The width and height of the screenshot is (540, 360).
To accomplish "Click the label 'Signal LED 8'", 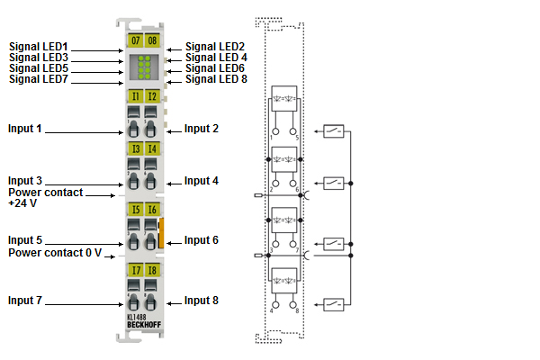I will [x=216, y=79].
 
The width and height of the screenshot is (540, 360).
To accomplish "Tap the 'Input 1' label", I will [x=25, y=129].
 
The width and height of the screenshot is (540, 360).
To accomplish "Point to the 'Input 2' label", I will [x=202, y=129].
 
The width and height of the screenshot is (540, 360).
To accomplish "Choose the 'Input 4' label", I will [x=202, y=181].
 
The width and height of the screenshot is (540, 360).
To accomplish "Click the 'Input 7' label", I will [x=25, y=301].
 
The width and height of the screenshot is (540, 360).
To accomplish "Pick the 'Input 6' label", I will [x=202, y=240].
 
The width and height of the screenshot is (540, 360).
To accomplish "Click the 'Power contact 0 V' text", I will [x=55, y=253].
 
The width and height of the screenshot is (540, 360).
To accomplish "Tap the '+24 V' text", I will [x=22, y=204].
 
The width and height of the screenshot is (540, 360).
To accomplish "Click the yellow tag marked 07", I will [x=135, y=40].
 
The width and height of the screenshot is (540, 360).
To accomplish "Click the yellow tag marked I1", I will [x=135, y=95].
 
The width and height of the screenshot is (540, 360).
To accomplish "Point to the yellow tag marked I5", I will [x=135, y=210].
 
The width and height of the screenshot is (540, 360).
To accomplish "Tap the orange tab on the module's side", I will [x=162, y=232].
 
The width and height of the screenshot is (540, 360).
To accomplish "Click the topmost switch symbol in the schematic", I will [x=332, y=131].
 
